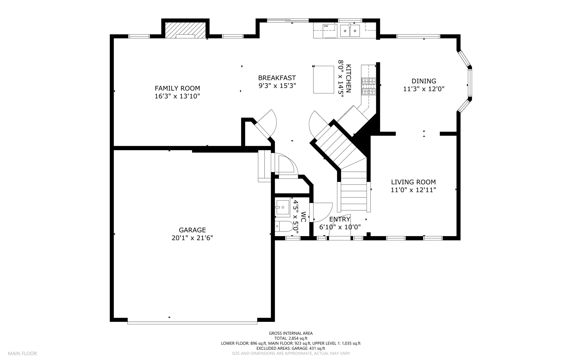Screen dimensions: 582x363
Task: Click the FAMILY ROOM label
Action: pos(177,88)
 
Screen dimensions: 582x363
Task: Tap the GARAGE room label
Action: pos(192,230)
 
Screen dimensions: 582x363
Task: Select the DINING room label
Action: pos(424,81)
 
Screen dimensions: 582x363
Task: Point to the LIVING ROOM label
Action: pos(413,182)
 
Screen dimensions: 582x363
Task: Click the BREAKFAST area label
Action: pos(277,78)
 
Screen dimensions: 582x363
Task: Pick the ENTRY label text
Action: pos(340,219)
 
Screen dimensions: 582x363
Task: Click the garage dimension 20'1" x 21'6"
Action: pos(192,238)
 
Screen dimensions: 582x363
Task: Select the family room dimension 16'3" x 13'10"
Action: pos(177,96)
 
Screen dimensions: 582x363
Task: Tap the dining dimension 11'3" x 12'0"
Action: pos(424,89)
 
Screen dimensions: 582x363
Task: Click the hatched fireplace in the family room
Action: pos(185,30)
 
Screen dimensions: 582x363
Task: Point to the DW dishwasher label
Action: pos(326,26)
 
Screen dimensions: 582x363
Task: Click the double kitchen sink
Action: pos(350,31)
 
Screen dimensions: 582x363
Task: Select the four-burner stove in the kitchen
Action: pos(369,86)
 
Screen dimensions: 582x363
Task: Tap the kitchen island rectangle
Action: pos(324,79)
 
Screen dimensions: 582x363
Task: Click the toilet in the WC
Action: pos(284,226)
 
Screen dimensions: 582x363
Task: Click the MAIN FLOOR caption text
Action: pos(22,354)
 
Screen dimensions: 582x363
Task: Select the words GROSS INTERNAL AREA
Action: pos(291,333)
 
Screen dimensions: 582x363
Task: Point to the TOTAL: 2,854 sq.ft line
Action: pos(291,338)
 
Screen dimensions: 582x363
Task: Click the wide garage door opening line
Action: pos(192,323)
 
